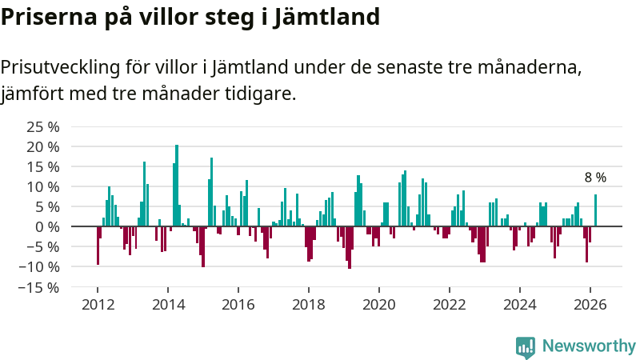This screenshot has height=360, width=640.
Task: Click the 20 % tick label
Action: pos(43,146)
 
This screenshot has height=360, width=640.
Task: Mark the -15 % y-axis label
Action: pos(40,286)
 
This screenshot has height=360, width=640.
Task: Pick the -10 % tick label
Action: pos(40,266)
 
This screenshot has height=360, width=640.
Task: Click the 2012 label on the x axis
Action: pos(98,304)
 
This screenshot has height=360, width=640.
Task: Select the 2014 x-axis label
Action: pos(168,304)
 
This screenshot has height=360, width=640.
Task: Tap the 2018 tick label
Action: pos(308,304)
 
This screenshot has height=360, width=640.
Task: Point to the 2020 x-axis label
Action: pos(378,304)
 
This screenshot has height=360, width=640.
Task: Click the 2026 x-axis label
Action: pos(590,304)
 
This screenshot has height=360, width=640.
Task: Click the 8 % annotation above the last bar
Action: pos(595,178)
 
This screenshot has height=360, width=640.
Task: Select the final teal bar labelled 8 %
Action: pos(595,210)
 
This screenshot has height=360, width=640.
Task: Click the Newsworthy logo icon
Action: pos(526,346)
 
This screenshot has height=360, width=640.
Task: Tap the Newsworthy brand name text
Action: pos(589,346)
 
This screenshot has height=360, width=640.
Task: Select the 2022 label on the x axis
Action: pos(449,304)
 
